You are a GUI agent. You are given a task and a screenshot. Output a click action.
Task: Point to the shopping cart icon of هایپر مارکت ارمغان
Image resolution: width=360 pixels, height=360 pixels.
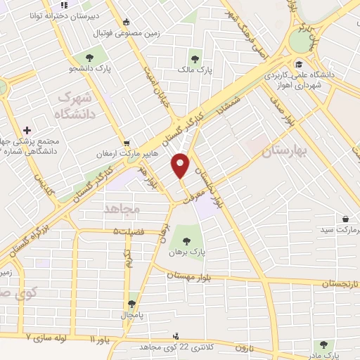pos(126,141)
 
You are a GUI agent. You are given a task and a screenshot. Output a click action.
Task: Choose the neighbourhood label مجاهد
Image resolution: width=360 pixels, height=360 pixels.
pos(122,209)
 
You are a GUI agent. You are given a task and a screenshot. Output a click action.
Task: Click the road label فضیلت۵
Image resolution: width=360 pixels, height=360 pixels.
pos(127,231)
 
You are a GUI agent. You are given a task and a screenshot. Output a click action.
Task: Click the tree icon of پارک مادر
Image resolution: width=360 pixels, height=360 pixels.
pos(323,345)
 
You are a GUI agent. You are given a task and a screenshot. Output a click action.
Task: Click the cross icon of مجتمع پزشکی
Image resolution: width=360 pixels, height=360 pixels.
pos(27,130)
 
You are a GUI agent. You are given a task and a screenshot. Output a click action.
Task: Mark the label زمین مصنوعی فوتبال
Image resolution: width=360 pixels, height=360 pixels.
pos(153,33)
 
